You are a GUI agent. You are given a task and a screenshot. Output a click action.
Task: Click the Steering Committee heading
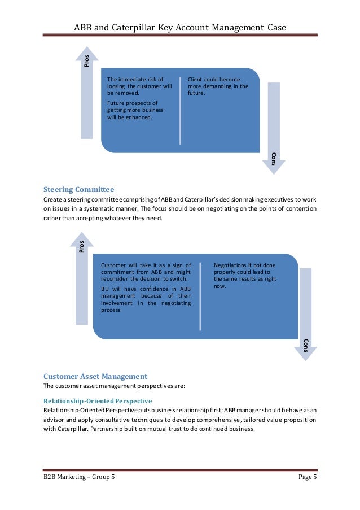(79, 189)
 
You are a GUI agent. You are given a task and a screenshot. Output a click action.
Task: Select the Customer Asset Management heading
(95, 376)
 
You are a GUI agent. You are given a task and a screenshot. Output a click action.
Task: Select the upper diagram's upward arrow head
(86, 54)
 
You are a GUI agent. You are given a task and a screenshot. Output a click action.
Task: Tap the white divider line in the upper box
(181, 110)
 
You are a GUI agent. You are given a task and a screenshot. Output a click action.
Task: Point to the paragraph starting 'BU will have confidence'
(145, 299)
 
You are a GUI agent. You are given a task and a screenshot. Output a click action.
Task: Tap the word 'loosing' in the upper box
(117, 86)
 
